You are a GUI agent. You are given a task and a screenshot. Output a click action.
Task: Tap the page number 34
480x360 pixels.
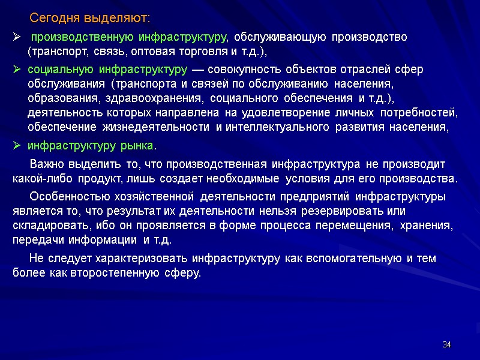(446, 344)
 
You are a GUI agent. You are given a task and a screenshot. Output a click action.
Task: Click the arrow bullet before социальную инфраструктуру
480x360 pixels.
(17, 70)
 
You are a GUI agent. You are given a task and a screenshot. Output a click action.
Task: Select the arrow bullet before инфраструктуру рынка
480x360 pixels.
(17, 146)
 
